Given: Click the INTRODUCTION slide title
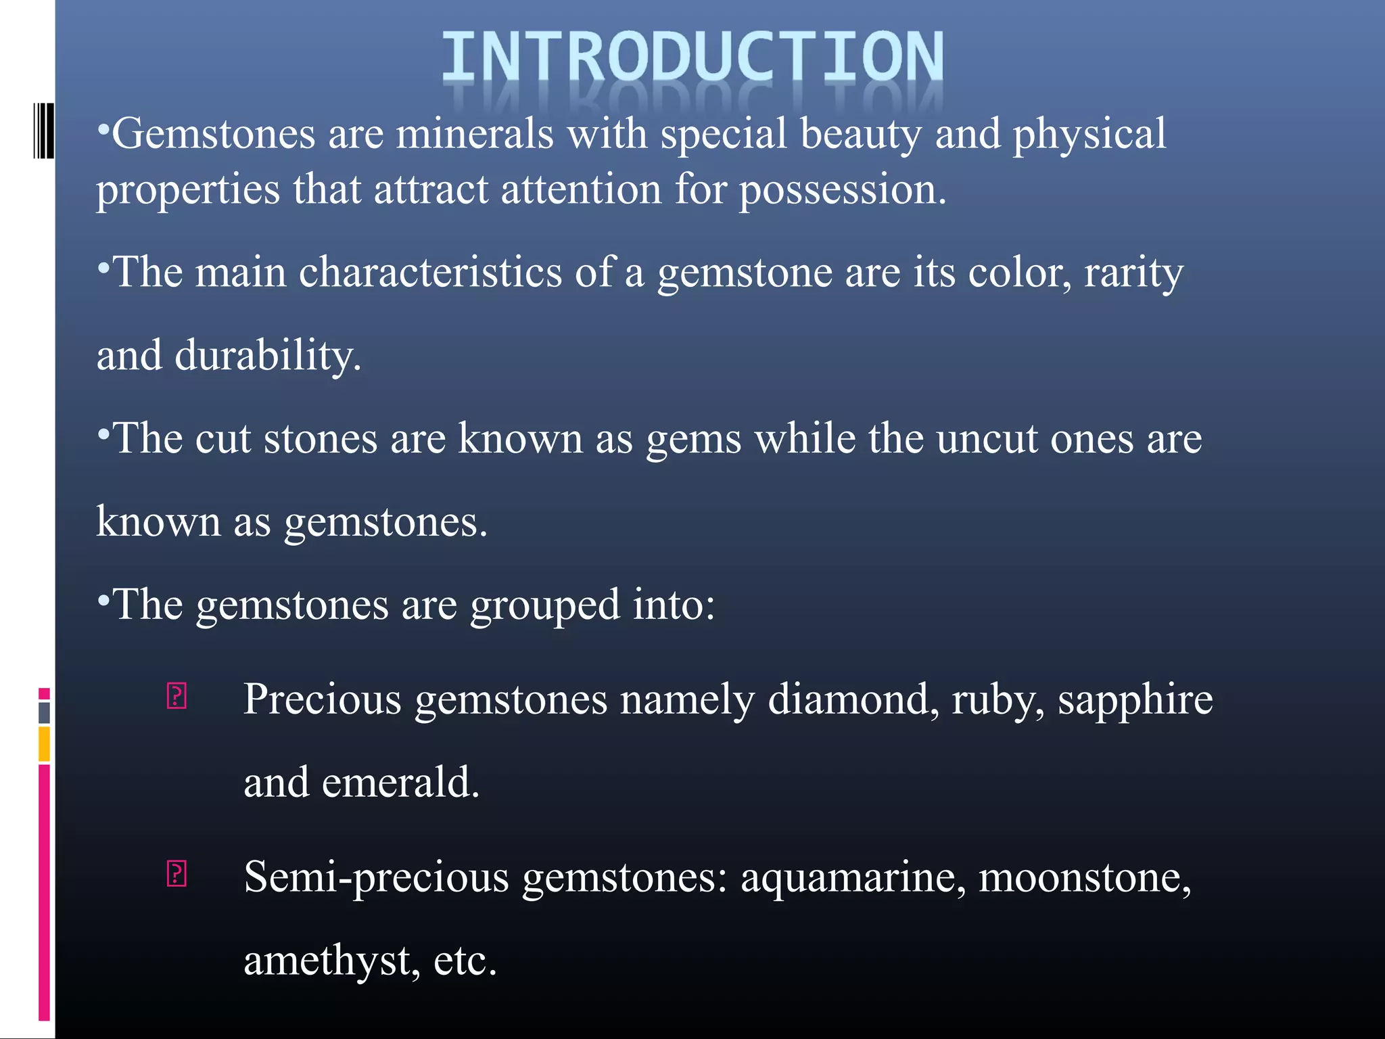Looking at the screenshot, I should click(692, 57).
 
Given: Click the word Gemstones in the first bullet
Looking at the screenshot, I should click(214, 134).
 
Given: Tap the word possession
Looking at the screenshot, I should click(841, 189).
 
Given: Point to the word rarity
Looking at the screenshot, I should click(1133, 273).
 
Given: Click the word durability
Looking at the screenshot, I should click(268, 356).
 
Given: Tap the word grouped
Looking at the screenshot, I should click(544, 605).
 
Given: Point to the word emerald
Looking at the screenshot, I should click(400, 783).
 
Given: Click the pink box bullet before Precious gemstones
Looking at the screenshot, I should click(177, 696).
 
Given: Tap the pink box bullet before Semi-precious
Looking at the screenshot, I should click(177, 873).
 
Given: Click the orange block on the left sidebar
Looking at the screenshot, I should click(44, 743).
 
